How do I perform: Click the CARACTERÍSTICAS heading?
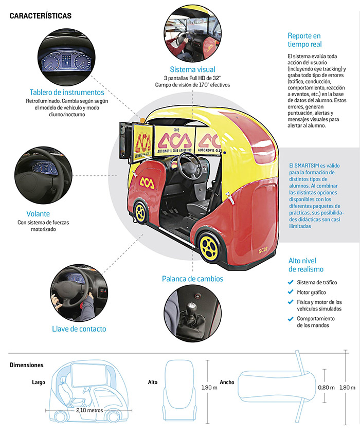41,15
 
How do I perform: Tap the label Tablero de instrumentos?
67,93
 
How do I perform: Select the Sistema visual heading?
192,69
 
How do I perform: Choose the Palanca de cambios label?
192,279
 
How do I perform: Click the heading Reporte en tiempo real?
304,40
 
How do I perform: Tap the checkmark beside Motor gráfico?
291,292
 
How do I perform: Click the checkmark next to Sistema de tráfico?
291,282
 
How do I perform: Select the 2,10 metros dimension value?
88,410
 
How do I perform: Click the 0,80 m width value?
326,387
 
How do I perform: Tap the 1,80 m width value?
348,387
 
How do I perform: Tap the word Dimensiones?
27,365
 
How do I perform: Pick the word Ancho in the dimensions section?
227,382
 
